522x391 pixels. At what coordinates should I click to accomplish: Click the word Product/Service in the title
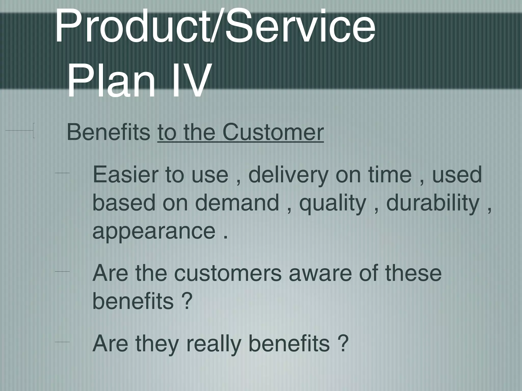[x=215, y=27]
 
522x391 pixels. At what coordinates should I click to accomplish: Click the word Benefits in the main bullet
[x=108, y=132]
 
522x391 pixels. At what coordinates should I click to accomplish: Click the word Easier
[x=125, y=175]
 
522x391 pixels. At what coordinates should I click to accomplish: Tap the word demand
[x=237, y=203]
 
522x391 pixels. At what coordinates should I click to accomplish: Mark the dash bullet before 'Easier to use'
[x=62, y=173]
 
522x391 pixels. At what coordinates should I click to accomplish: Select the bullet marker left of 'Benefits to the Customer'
[x=20, y=131]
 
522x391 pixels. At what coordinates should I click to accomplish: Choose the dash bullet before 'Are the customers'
[x=62, y=272]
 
